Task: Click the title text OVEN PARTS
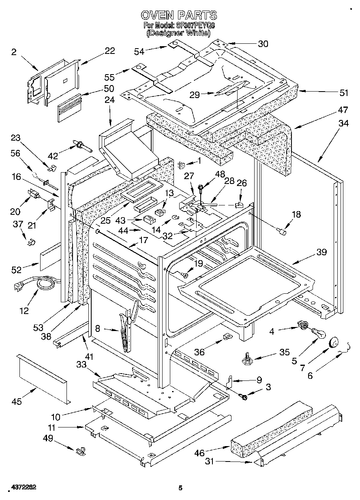[x=179, y=15]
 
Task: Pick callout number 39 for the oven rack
[x=321, y=252]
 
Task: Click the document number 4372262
[x=19, y=487]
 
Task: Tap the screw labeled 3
[x=244, y=397]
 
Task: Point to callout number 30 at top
[x=263, y=44]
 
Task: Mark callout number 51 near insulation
[x=344, y=93]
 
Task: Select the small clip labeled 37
[x=30, y=242]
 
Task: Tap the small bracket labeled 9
[x=229, y=381]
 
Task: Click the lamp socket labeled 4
[x=302, y=324]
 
